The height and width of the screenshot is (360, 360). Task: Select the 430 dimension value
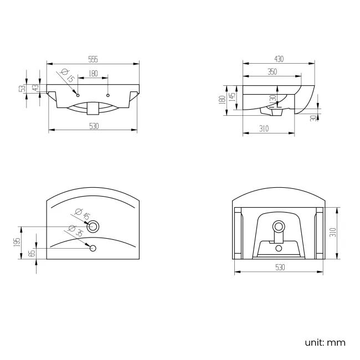point(279,59)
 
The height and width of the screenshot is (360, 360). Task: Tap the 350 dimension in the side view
point(271,71)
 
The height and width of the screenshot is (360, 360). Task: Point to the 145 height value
point(233,97)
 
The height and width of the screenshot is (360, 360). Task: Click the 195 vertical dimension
point(17,243)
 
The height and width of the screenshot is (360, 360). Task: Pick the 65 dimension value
point(32,253)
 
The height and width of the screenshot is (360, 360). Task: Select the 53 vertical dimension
point(22,89)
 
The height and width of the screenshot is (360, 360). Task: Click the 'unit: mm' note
point(325,342)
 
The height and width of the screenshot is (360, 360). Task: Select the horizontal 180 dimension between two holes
point(92,73)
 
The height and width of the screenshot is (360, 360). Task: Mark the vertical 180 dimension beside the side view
point(222,100)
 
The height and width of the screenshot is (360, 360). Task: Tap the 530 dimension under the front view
point(93,126)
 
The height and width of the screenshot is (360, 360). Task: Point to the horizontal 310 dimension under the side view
point(264,128)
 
